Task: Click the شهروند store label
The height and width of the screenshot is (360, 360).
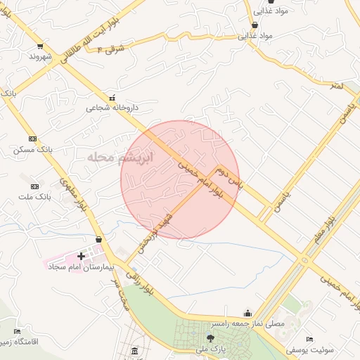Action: [41, 57]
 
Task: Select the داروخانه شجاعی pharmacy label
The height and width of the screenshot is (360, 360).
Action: [112, 108]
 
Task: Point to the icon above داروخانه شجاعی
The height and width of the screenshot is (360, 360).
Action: [111, 97]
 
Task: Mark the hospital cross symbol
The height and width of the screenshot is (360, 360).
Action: [82, 257]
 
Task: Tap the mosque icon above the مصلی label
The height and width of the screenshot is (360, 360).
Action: [247, 314]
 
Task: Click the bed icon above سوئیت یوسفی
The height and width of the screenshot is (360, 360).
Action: [309, 339]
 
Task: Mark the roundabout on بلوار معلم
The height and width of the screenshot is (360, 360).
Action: [305, 259]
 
